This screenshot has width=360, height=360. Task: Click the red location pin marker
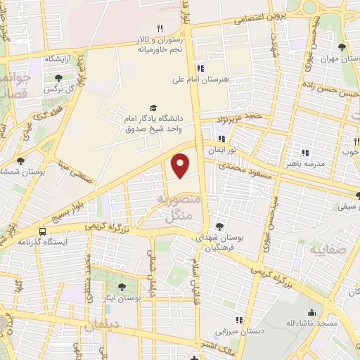181,165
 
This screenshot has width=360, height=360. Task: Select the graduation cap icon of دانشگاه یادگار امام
154,105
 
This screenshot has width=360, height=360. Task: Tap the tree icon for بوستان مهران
342,48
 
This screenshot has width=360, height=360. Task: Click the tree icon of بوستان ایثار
122,287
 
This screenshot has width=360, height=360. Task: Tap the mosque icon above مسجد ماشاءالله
312,312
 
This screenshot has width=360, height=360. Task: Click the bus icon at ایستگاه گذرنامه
44,231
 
